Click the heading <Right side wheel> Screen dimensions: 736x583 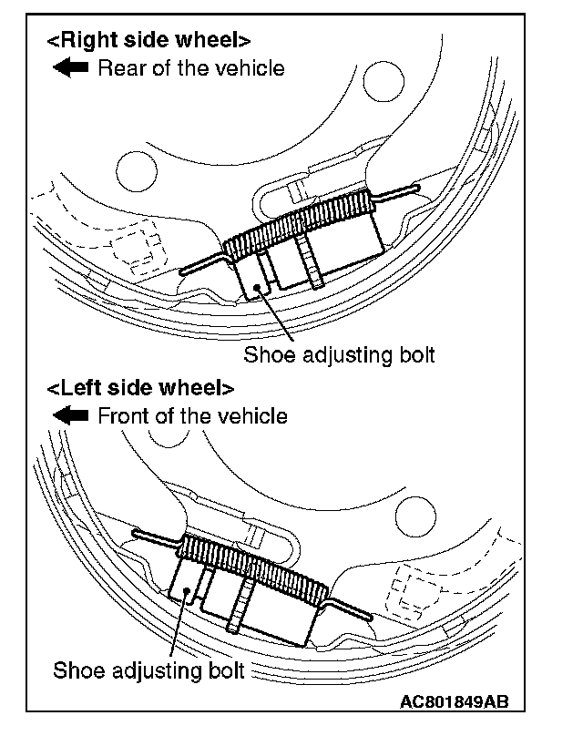tap(148, 41)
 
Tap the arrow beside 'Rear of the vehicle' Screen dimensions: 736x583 tap(70, 68)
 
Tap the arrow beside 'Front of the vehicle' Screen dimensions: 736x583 tap(70, 416)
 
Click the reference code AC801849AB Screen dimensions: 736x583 tap(452, 703)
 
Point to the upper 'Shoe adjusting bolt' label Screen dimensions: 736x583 tap(339, 354)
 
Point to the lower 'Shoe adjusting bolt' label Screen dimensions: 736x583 tap(149, 672)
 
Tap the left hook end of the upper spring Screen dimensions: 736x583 tap(186, 270)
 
